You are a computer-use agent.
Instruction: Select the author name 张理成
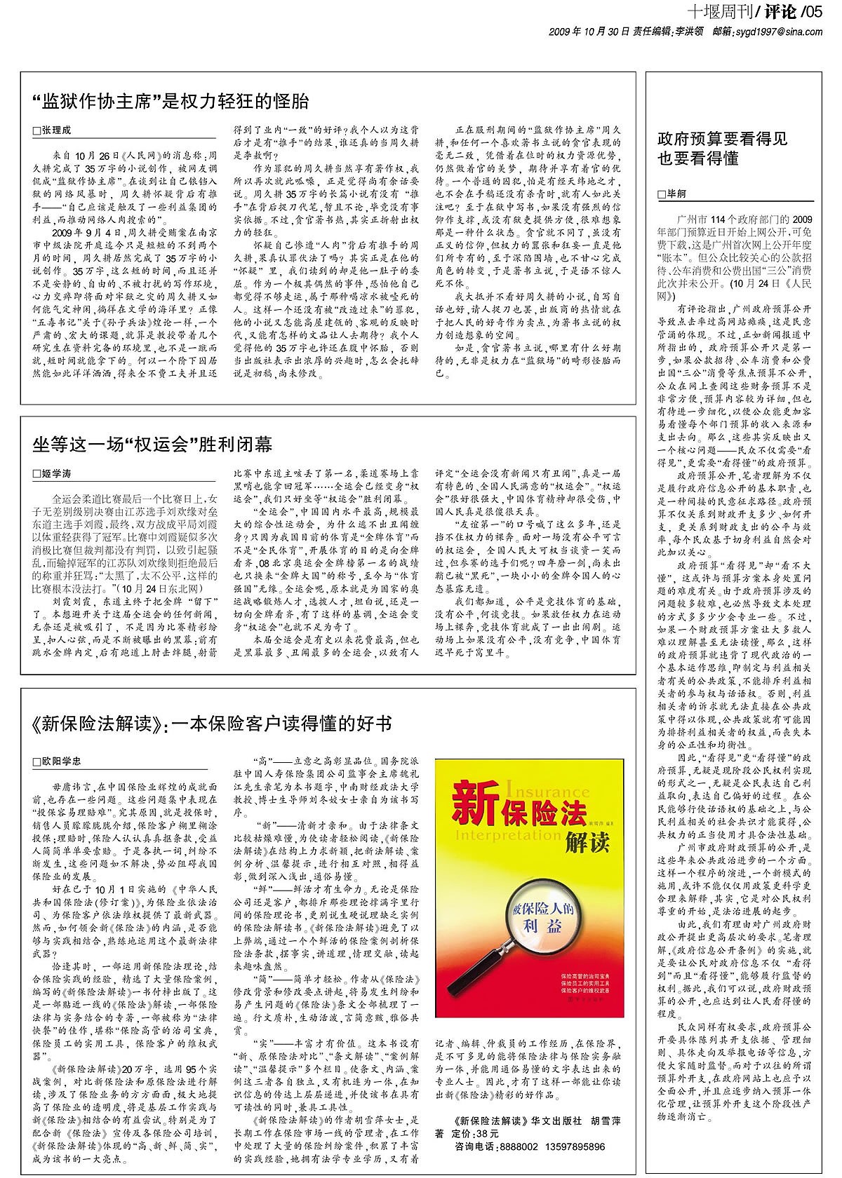57,130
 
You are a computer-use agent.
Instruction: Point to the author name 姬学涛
57,474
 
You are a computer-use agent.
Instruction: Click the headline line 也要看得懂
698,159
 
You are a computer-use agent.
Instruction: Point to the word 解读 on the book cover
587,843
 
